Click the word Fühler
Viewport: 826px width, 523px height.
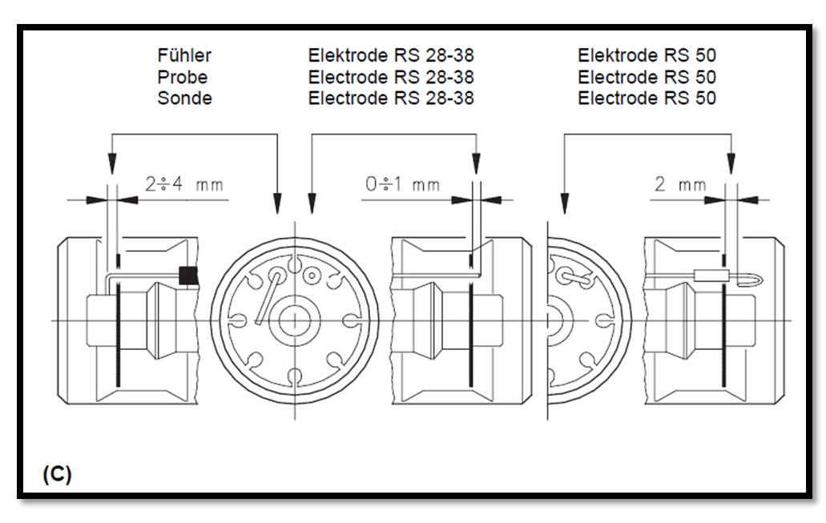[184, 55]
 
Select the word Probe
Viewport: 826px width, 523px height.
[183, 77]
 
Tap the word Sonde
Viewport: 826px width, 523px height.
[184, 98]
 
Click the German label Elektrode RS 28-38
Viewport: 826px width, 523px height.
[391, 55]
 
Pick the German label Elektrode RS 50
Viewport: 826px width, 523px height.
[647, 55]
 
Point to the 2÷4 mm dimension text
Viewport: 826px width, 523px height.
[184, 184]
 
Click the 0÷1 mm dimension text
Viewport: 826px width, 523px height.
[402, 184]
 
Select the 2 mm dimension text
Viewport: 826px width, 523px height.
[680, 184]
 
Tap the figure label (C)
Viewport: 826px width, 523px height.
[57, 474]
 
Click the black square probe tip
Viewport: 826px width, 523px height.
[188, 276]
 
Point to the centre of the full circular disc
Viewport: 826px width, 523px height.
[295, 320]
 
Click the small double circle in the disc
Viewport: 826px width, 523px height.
[312, 276]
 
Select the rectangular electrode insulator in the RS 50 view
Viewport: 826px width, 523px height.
[711, 275]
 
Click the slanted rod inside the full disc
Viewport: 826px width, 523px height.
[268, 299]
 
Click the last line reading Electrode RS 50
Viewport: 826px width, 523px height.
[647, 98]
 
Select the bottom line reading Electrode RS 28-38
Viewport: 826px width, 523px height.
[391, 98]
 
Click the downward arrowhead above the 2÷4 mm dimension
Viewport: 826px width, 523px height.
[111, 163]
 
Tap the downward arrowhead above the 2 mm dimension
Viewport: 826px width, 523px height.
[731, 163]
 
